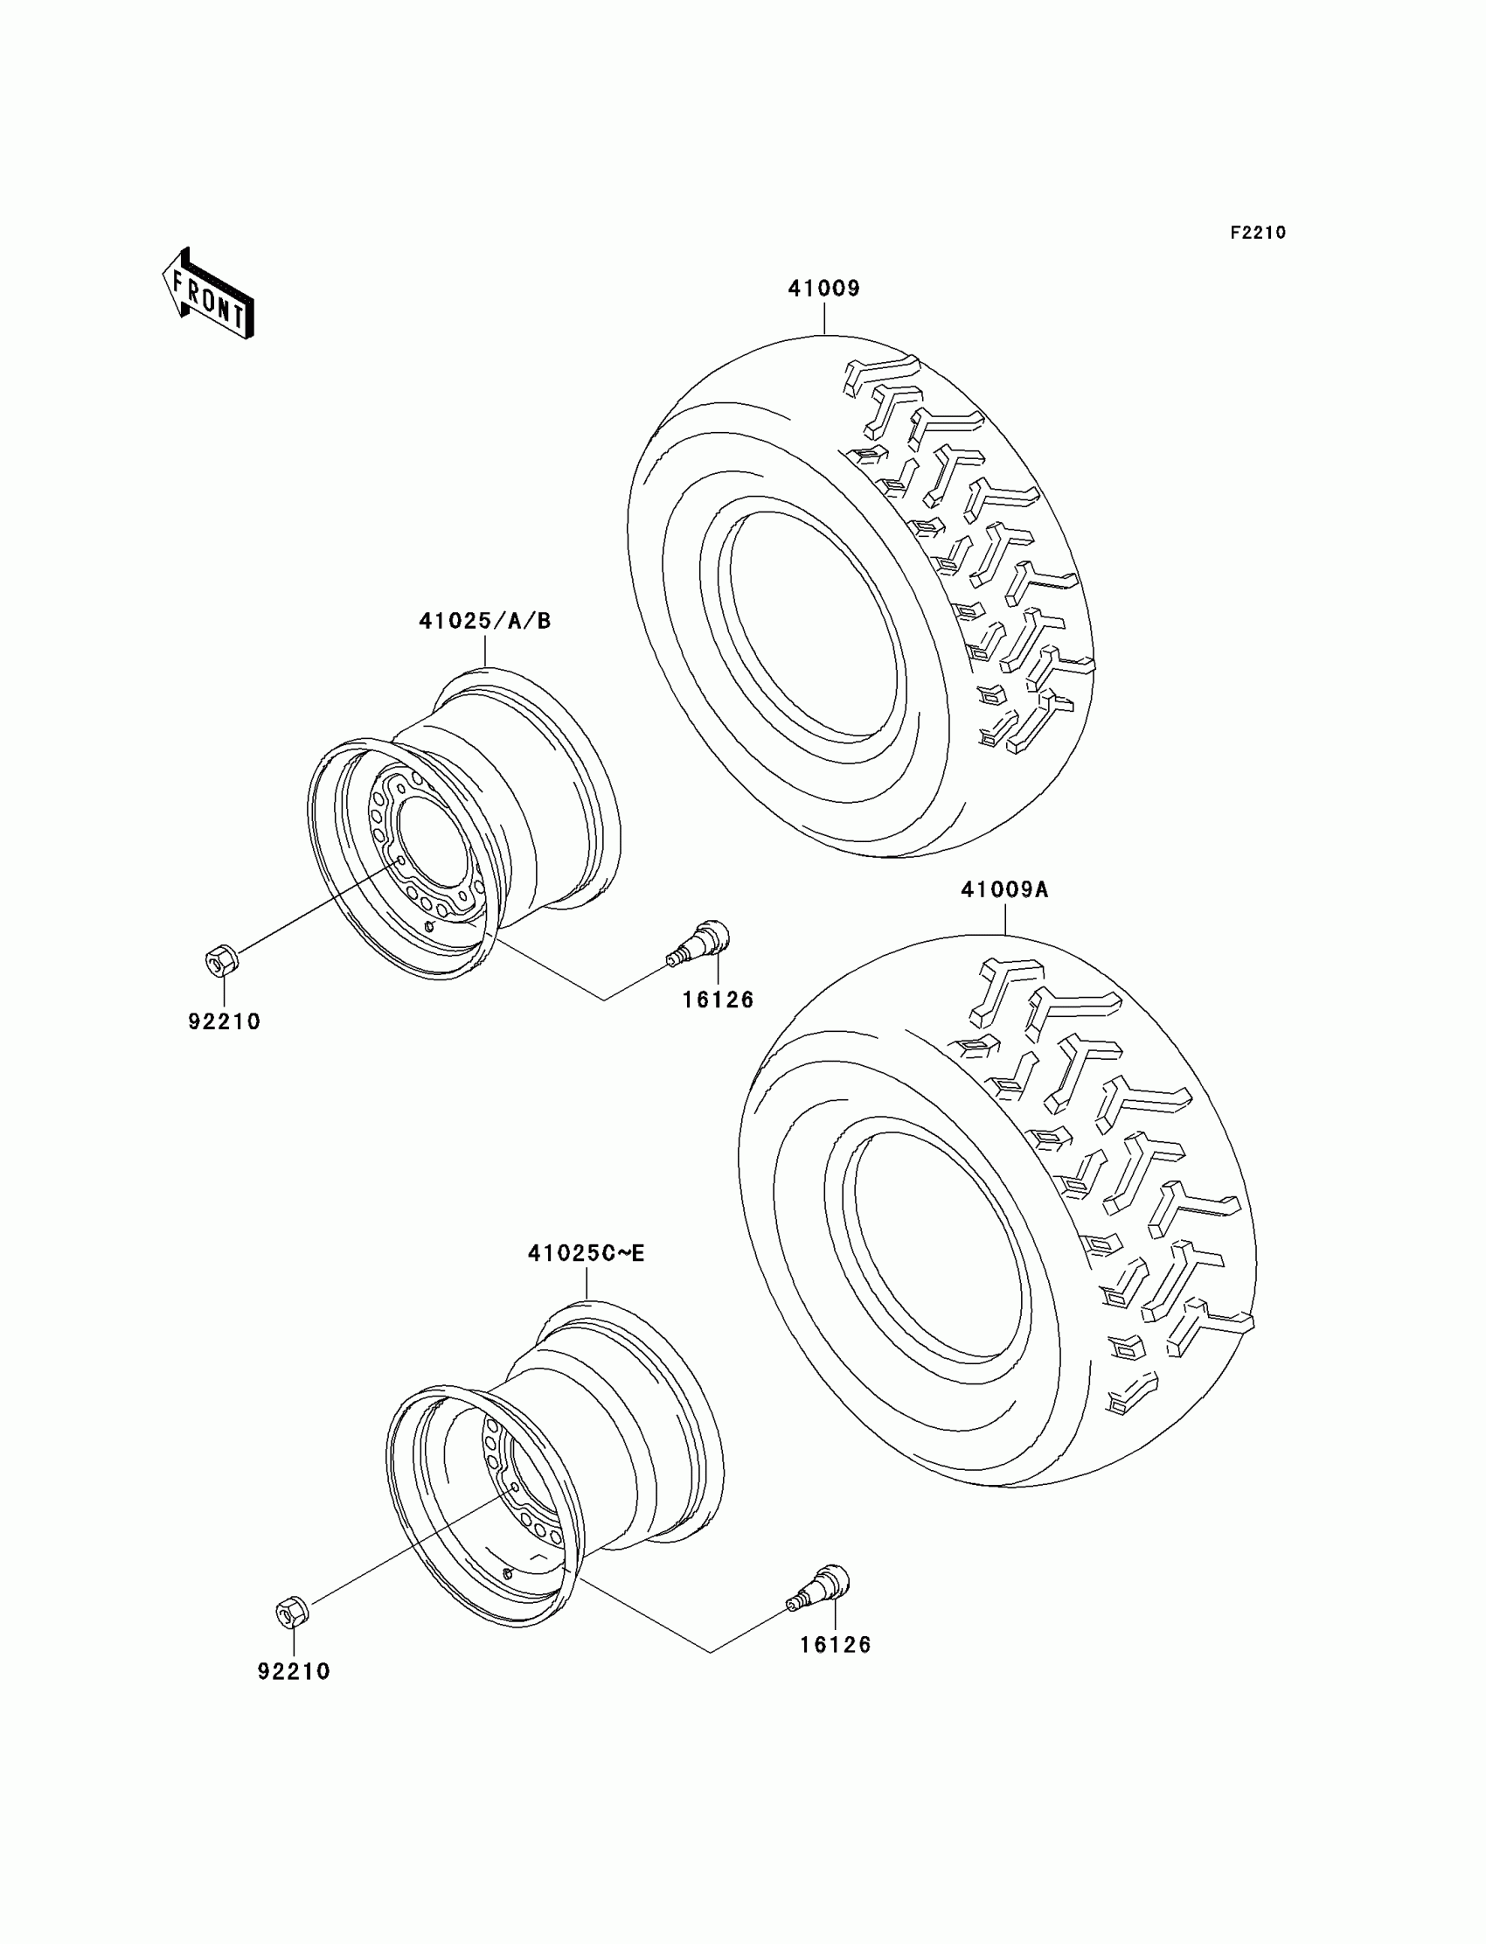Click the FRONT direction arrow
(209, 295)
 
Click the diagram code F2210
(1258, 233)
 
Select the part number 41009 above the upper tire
(823, 289)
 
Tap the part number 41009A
(1005, 889)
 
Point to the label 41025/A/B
(485, 621)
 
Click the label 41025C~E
(587, 1253)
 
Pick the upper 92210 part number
(224, 1021)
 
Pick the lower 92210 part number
(294, 1670)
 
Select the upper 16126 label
(718, 1000)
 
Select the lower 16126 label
(836, 1644)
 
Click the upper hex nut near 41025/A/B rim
(220, 959)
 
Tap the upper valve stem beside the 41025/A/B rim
(700, 942)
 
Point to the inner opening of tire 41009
(812, 626)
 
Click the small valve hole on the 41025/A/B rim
(429, 927)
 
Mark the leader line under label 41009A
(1006, 918)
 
